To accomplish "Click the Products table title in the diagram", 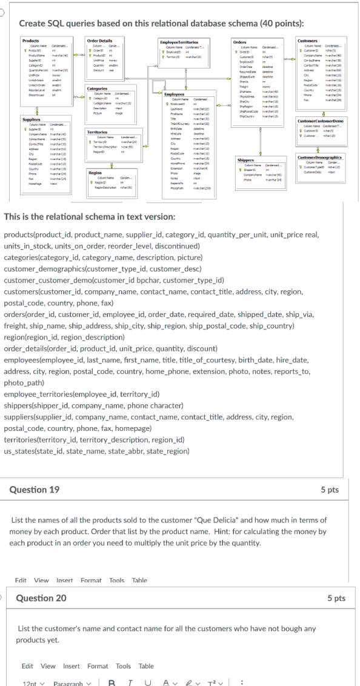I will tap(30, 40).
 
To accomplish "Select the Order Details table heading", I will tap(99, 40).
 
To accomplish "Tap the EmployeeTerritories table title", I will tap(179, 40).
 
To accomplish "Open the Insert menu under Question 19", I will tap(64, 580).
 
